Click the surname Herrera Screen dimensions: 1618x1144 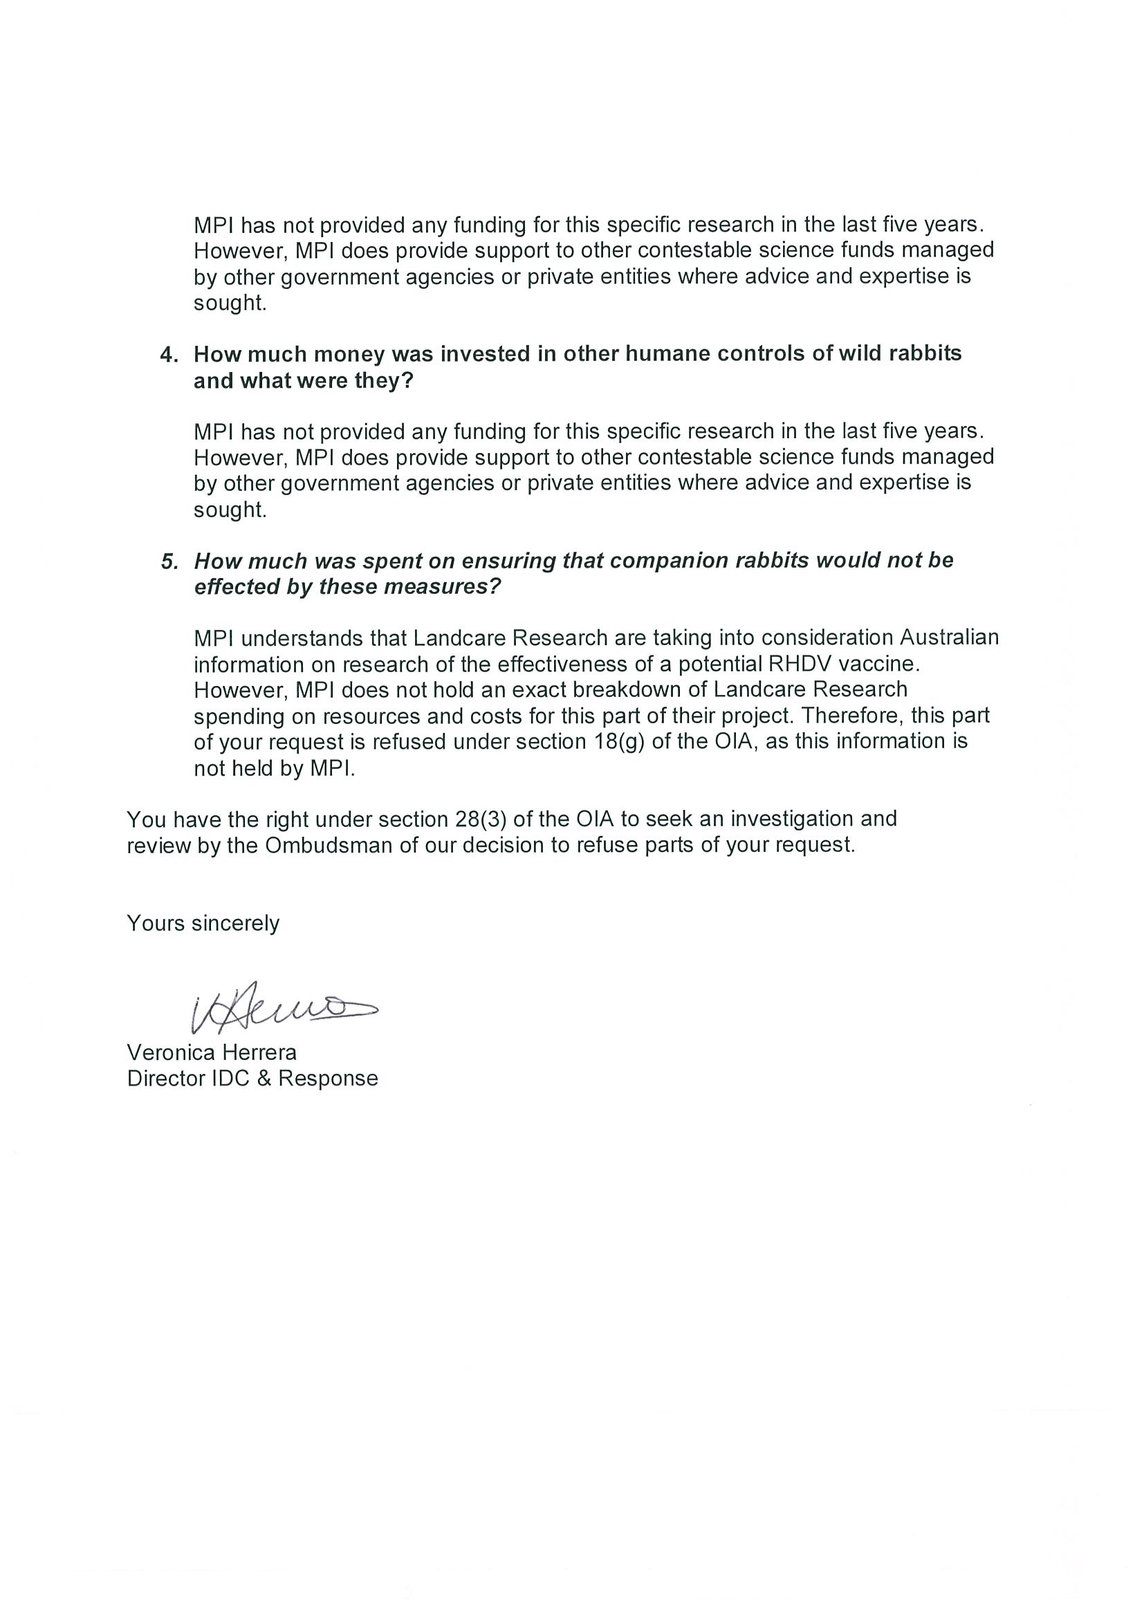(x=259, y=1052)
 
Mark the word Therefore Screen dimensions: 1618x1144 (x=852, y=715)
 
